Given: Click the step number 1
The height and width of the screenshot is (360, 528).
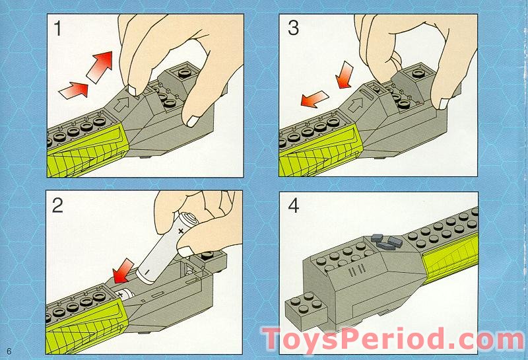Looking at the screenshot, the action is (57, 28).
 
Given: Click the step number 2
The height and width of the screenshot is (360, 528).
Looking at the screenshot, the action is (57, 205).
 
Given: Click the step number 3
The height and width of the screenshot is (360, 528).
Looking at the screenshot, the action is (293, 28).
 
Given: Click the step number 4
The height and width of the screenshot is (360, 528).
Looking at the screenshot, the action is (294, 205).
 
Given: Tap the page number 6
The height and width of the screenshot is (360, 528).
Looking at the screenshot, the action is (9, 351).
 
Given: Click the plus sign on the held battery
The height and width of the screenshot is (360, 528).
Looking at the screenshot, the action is (181, 231).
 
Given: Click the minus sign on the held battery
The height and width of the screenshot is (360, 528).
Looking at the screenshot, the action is (147, 271).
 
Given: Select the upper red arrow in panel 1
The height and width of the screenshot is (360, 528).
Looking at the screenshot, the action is (100, 67).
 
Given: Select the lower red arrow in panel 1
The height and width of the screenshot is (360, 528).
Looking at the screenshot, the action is (74, 90).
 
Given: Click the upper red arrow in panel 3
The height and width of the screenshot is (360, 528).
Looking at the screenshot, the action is (344, 75).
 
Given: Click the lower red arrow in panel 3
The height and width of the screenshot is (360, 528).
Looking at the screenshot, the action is (314, 99).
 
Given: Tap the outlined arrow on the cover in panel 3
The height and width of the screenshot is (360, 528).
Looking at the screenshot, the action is (356, 104).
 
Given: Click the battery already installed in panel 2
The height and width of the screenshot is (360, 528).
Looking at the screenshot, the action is (125, 294).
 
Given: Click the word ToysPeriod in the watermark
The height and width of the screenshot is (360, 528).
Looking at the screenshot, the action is (351, 339).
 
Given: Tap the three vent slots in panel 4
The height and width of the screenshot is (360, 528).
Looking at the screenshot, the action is (356, 270).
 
